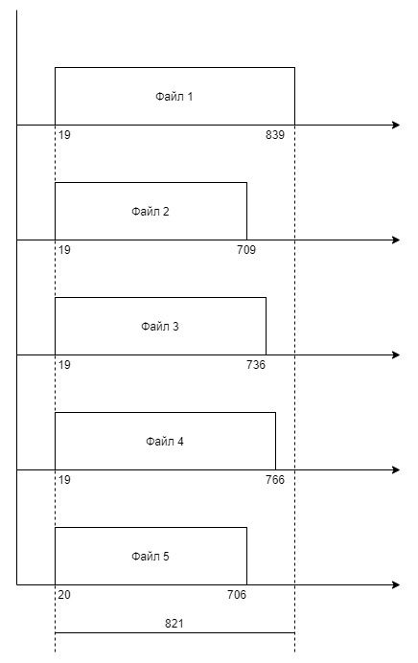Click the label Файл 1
(174, 97)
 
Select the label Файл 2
(151, 212)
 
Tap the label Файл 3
(160, 327)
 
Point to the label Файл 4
(165, 442)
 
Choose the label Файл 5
(151, 557)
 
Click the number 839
(275, 135)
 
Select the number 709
(246, 250)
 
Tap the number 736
(256, 365)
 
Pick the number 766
(275, 480)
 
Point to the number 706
(237, 595)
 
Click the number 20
(64, 595)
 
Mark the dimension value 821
(174, 624)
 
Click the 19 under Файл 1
(64, 135)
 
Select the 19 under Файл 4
(64, 480)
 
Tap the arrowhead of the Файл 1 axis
(396, 125)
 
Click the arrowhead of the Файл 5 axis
(396, 584)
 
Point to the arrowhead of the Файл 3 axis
(396, 354)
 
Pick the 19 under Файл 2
(64, 250)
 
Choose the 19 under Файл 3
(64, 365)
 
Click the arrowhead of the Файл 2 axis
(396, 240)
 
